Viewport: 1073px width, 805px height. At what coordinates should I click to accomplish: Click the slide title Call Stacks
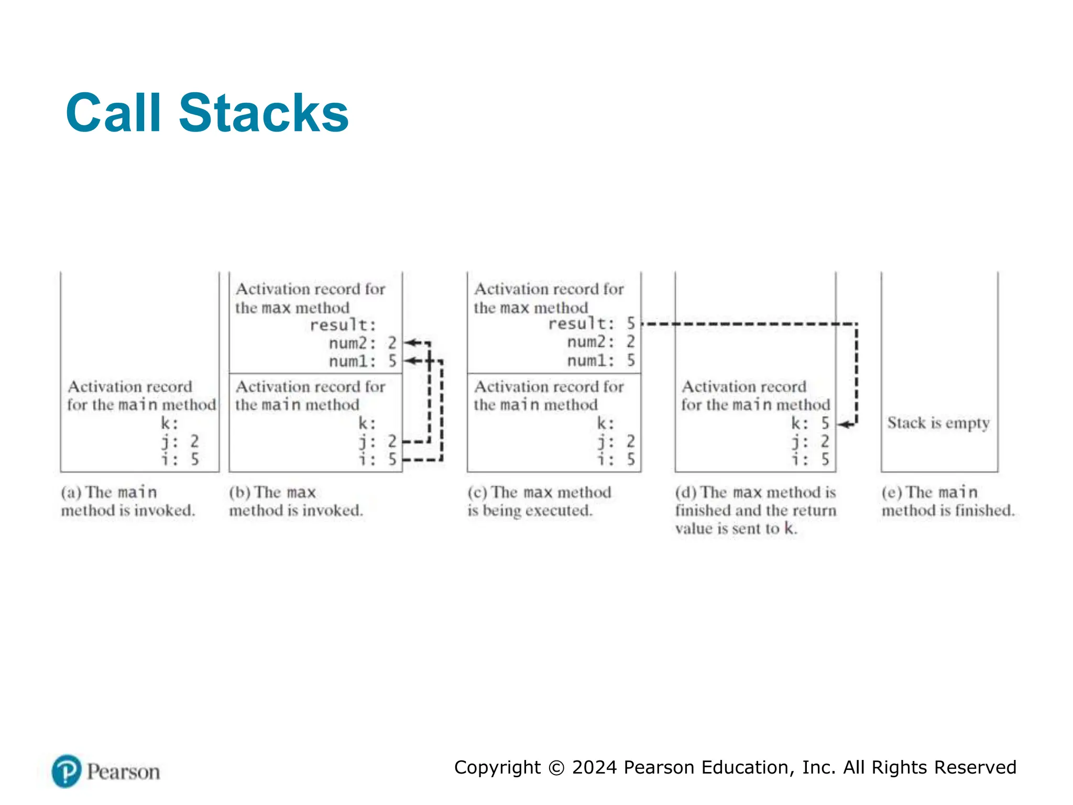click(x=207, y=113)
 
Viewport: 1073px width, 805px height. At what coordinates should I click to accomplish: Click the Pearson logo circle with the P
click(x=67, y=771)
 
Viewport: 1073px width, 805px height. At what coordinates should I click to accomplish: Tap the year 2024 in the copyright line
click(x=595, y=767)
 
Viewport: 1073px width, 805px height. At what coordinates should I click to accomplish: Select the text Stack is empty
click(x=938, y=423)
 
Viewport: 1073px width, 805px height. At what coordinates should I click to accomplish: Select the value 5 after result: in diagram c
click(x=631, y=323)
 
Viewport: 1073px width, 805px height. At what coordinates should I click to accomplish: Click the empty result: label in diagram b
click(x=343, y=325)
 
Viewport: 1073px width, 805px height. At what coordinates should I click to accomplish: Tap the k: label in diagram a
click(x=169, y=423)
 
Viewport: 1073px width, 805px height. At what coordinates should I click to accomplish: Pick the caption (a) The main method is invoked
click(x=127, y=501)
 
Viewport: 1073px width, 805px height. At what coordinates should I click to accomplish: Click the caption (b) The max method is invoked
click(x=295, y=501)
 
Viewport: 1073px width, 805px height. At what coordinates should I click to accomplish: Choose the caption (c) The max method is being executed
click(x=539, y=501)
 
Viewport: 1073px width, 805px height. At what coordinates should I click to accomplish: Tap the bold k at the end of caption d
click(x=789, y=528)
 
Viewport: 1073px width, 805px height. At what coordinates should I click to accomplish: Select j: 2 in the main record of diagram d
click(x=810, y=441)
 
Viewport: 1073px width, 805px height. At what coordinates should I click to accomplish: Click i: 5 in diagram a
click(x=180, y=460)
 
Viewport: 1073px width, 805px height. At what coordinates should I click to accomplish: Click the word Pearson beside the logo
click(x=123, y=772)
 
